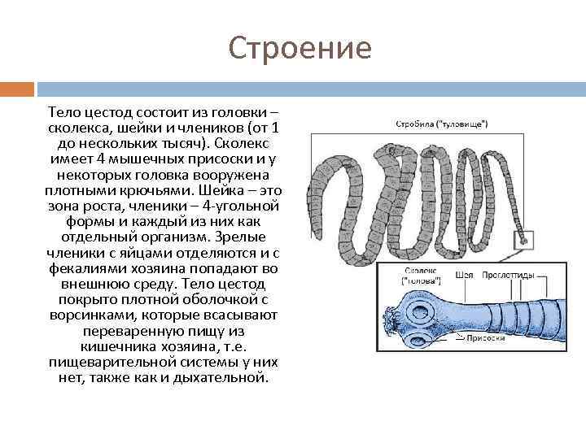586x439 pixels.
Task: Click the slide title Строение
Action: [x=300, y=49]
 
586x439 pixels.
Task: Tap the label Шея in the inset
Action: [x=465, y=275]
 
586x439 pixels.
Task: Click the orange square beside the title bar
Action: [x=17, y=88]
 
